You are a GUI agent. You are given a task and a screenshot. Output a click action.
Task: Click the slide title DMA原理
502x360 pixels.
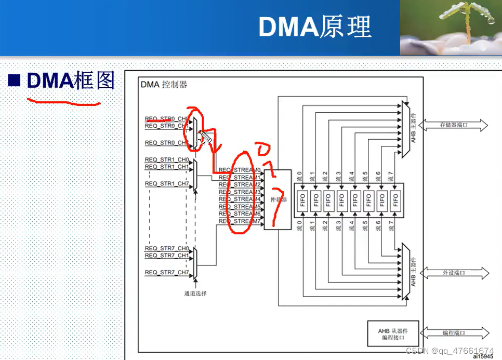(314, 27)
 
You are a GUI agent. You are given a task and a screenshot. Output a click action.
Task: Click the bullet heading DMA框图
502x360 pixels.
(70, 81)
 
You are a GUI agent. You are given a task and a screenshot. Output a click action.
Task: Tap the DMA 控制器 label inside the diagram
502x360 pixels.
(164, 85)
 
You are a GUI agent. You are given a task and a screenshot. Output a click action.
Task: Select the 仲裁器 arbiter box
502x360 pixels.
(278, 199)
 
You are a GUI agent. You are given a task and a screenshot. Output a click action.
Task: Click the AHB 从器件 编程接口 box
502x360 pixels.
(393, 334)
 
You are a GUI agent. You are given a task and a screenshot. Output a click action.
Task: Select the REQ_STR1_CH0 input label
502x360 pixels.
(167, 159)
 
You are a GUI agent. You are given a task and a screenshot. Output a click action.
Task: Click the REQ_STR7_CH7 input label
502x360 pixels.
(167, 273)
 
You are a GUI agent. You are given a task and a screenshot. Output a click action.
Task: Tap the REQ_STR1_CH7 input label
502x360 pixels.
(167, 184)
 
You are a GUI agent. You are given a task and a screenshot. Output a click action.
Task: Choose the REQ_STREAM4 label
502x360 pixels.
(240, 199)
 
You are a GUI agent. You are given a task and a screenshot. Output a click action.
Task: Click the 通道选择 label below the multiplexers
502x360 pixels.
(195, 294)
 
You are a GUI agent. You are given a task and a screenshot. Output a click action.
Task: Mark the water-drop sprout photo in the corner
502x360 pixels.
(451, 27)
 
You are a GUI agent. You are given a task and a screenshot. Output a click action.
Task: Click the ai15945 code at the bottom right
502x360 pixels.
(482, 356)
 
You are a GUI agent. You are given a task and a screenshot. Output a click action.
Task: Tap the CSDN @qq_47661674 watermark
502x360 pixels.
(450, 351)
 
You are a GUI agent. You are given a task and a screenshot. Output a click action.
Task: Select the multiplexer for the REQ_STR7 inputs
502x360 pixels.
(195, 262)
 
